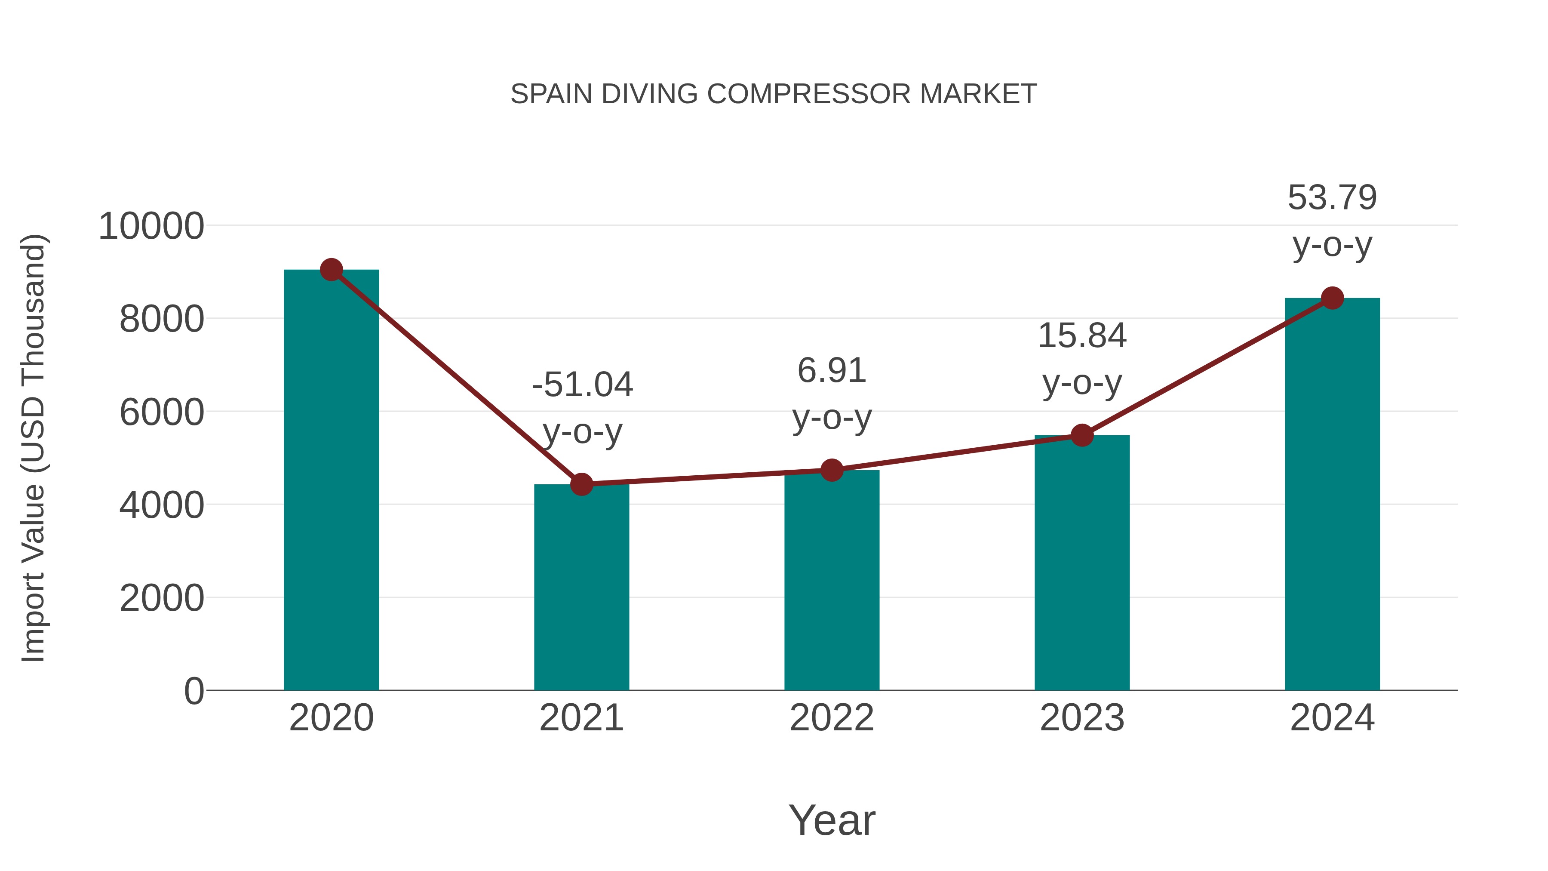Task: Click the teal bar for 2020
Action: click(x=331, y=481)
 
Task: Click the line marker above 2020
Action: click(x=331, y=270)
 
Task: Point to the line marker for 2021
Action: click(x=581, y=484)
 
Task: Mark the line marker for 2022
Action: click(x=832, y=470)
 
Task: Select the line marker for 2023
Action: click(x=1082, y=435)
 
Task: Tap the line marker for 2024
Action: click(x=1332, y=298)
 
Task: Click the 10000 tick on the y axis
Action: click(x=151, y=227)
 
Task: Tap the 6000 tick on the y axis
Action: click(x=162, y=413)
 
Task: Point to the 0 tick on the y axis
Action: click(x=193, y=691)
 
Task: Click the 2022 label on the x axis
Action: click(x=832, y=718)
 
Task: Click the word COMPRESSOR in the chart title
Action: click(x=809, y=94)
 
